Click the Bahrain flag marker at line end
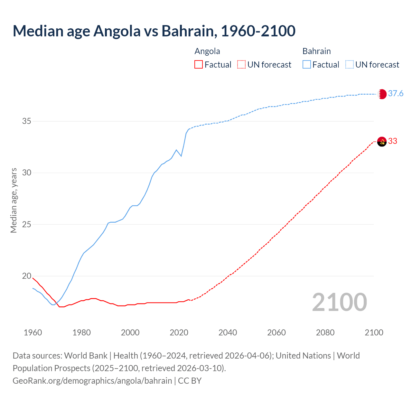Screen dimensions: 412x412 [x=382, y=94]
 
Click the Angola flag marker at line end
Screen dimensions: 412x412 [x=382, y=141]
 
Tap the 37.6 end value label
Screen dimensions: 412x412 [x=396, y=94]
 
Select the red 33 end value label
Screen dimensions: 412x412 [x=393, y=141]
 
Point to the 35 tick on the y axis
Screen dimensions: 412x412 [x=27, y=121]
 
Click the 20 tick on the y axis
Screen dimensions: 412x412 [x=27, y=276]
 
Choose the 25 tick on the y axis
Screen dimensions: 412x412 [x=27, y=224]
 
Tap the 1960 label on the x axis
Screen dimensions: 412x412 [x=33, y=332]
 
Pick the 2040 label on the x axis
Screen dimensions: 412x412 [x=228, y=332]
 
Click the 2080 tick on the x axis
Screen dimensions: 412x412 [x=325, y=332]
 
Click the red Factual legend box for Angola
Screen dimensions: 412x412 [x=199, y=65]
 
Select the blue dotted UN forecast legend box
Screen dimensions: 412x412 [x=350, y=65]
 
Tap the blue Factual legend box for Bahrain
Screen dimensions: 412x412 [x=307, y=65]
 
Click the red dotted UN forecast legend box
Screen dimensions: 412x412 [x=241, y=65]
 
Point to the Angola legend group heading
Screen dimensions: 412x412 [x=207, y=51]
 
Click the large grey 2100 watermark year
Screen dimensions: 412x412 [x=339, y=302]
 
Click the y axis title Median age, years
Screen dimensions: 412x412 [x=14, y=200]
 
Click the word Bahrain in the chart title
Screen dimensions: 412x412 [x=187, y=31]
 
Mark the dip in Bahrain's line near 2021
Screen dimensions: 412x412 [x=181, y=156]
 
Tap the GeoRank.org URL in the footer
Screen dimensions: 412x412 [x=92, y=381]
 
